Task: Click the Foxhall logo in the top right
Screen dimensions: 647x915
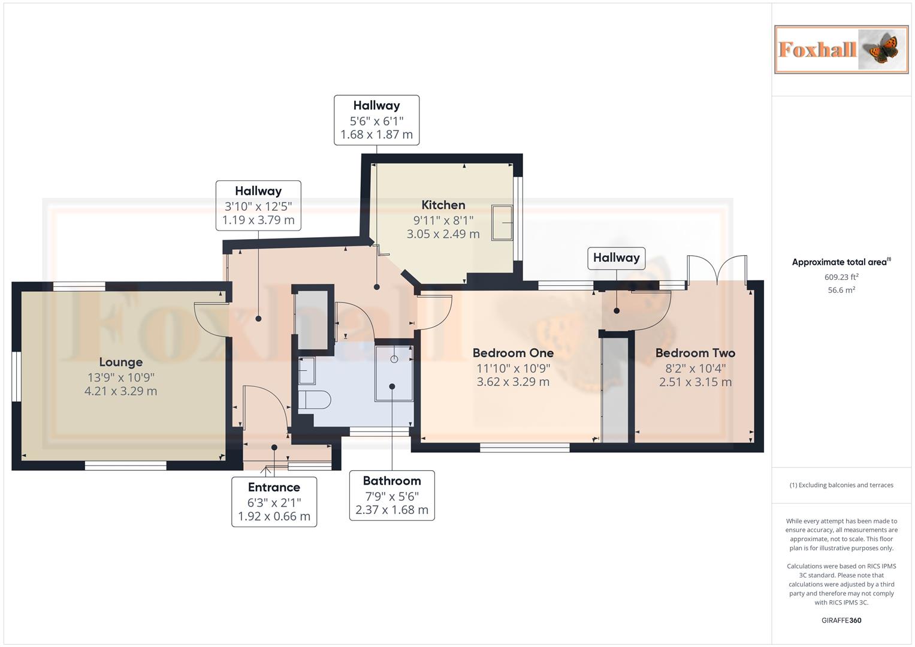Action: (x=841, y=50)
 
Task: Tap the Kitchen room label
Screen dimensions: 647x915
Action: (x=443, y=205)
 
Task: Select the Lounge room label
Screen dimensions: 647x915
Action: (x=120, y=362)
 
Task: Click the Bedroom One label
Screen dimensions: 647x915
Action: (x=513, y=353)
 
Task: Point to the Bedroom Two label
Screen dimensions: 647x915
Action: (x=695, y=353)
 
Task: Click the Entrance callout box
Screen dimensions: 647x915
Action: (x=274, y=501)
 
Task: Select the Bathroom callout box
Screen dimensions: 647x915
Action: (x=392, y=495)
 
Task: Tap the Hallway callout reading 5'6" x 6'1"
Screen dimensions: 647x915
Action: (x=376, y=120)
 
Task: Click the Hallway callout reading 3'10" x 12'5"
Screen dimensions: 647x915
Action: (x=258, y=205)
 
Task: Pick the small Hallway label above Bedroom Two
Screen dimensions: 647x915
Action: (x=616, y=258)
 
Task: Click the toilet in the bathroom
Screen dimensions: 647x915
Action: (x=315, y=400)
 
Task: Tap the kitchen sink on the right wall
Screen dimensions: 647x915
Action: (x=502, y=223)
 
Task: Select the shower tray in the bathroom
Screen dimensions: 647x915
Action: (x=394, y=373)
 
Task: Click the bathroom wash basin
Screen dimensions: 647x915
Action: (x=306, y=370)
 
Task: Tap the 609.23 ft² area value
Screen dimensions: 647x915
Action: (x=841, y=277)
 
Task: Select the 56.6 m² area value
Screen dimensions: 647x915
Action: (x=841, y=290)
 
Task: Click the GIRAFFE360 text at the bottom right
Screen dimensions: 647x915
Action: (x=841, y=620)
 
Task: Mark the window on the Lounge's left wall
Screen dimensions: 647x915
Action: (x=17, y=376)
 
